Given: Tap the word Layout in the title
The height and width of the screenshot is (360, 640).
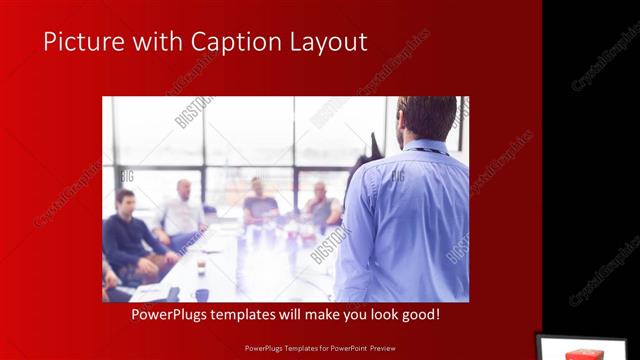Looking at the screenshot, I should click(325, 42).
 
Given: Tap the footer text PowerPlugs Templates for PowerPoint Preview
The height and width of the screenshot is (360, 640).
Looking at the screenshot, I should click(319, 350).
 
